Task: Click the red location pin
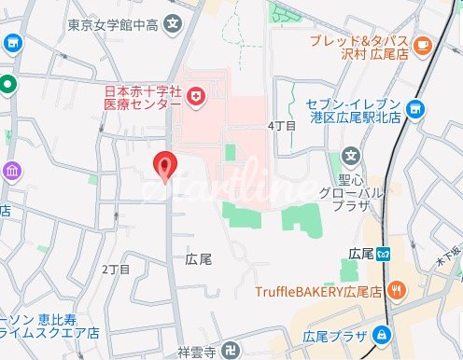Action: [166, 165]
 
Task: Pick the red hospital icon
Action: [197, 96]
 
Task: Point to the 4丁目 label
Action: [281, 124]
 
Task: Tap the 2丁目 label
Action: [115, 269]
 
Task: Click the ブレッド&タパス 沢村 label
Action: [361, 48]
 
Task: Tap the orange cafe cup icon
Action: [421, 42]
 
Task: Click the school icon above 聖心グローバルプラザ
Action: [351, 155]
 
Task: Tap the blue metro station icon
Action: [397, 254]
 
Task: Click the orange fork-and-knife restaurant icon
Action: [398, 290]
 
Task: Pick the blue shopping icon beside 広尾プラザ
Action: [382, 335]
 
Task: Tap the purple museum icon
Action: [12, 171]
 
